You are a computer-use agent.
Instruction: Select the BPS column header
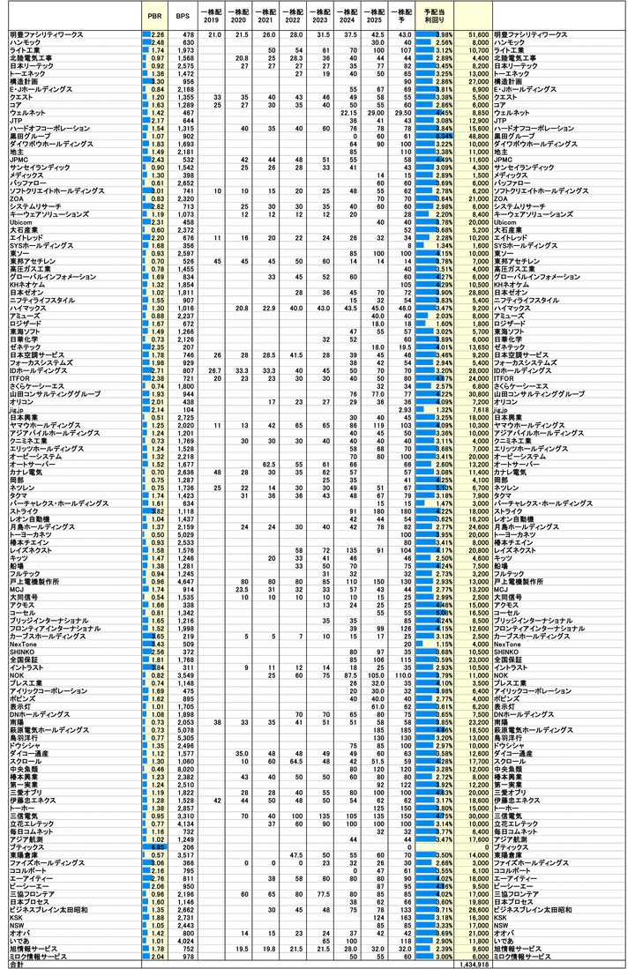184,15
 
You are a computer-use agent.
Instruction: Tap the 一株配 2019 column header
212,15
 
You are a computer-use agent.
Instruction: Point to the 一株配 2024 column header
349,15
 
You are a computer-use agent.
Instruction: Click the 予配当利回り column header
433,15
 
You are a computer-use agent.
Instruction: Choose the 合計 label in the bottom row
16,965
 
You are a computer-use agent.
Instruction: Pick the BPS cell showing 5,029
185,534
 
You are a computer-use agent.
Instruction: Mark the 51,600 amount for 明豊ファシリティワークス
478,34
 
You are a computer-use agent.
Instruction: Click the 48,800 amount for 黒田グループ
478,136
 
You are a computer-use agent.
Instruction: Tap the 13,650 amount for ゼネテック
478,347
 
